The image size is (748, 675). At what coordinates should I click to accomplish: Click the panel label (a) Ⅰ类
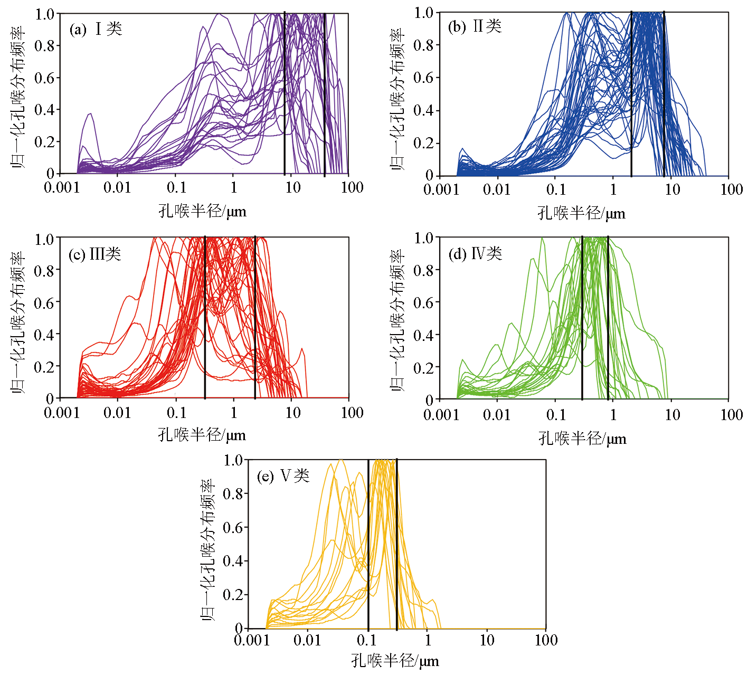[96, 28]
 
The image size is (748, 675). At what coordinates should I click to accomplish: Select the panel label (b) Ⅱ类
[475, 26]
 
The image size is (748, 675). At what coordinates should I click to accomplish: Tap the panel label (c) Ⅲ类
[95, 254]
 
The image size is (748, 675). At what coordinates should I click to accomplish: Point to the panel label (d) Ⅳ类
[475, 254]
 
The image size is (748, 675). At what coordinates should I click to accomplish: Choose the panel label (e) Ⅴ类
[283, 476]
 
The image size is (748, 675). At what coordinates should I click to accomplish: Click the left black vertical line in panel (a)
[285, 95]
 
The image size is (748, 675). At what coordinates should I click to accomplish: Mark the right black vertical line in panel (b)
[664, 95]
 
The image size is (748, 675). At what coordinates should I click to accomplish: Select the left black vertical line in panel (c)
[205, 317]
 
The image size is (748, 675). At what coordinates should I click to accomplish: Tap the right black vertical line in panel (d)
[608, 317]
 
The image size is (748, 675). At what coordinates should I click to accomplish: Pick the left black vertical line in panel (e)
[368, 544]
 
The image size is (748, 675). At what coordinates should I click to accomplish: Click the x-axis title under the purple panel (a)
[202, 211]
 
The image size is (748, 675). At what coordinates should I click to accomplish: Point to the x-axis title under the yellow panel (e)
[395, 661]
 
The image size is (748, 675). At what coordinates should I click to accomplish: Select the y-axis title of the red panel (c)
[18, 322]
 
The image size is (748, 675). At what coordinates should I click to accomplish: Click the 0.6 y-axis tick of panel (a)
[44, 78]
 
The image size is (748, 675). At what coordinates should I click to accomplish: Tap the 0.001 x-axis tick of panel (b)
[441, 189]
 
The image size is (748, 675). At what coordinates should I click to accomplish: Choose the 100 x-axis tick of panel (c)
[352, 413]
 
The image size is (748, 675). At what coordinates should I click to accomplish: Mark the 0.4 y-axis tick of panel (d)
[423, 335]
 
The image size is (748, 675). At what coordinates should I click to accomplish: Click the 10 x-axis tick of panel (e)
[487, 640]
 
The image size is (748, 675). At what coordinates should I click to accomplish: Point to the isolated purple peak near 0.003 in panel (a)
[90, 115]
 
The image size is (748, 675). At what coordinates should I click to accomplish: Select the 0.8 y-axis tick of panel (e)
[233, 494]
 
